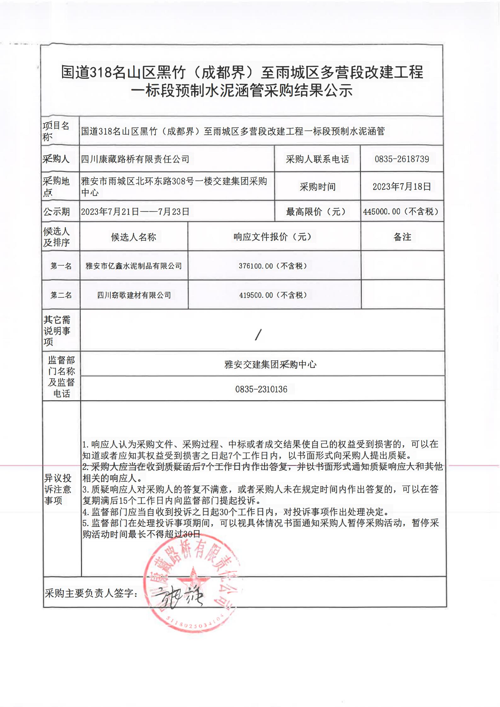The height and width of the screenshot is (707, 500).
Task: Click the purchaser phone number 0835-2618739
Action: [x=402, y=159]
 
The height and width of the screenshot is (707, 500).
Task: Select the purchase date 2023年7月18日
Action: [x=402, y=187]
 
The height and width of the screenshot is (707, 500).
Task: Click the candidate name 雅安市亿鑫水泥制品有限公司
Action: [x=134, y=266]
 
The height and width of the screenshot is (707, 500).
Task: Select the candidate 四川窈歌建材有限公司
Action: [x=134, y=295]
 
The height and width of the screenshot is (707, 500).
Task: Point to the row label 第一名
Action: [x=61, y=266]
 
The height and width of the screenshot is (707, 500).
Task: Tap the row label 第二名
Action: [x=61, y=295]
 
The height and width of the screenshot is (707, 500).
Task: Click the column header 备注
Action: [x=402, y=237]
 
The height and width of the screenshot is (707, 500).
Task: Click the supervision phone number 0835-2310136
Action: [x=261, y=389]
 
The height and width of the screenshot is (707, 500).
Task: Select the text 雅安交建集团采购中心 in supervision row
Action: [x=270, y=365]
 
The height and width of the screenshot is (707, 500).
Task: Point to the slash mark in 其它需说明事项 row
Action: [x=258, y=335]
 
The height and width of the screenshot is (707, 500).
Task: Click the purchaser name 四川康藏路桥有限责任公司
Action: [x=135, y=159]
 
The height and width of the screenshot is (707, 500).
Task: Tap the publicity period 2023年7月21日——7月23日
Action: [x=135, y=211]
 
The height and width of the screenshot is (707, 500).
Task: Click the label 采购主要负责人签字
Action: [x=91, y=593]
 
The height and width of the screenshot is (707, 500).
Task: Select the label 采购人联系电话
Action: [x=317, y=159]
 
